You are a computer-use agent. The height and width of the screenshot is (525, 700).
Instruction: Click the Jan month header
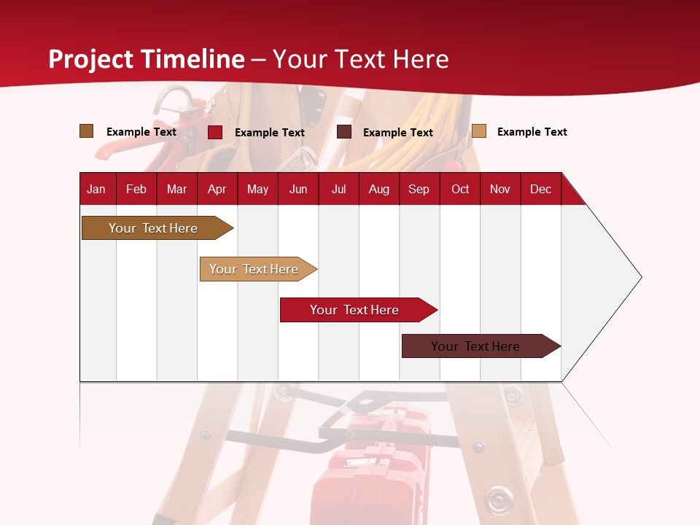point(97,189)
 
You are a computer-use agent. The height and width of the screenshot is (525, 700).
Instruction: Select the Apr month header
point(217,189)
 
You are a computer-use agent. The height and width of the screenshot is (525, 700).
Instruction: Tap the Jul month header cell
point(338,189)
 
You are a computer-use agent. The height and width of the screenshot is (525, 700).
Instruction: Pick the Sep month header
point(419,189)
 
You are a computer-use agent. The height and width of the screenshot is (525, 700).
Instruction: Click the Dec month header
point(540,189)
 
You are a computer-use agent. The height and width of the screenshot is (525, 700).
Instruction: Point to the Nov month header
point(500,189)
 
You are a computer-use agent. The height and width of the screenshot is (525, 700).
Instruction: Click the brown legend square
point(86,131)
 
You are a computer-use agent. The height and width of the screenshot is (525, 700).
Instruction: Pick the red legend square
point(215,132)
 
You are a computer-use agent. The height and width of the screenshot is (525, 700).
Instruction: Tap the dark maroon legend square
point(344,132)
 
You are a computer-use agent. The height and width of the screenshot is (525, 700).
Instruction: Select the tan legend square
point(478,131)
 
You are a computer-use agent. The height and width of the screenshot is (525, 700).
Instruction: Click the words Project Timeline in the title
point(146,59)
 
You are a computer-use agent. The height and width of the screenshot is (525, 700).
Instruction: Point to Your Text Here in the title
point(360,59)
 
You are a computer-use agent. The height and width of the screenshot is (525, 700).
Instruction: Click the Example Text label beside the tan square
point(532,132)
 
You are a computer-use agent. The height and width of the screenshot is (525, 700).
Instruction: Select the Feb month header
point(136,189)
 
